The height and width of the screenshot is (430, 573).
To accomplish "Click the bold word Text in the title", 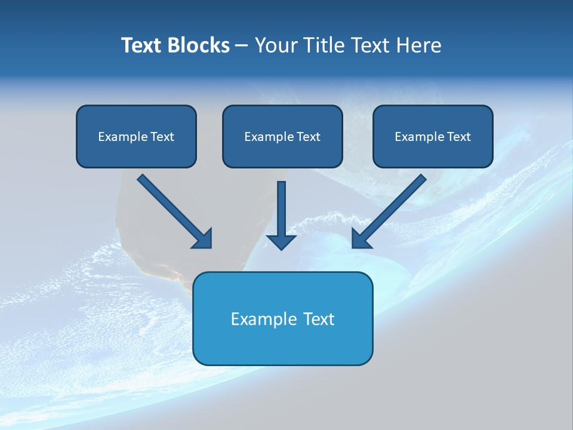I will (x=141, y=45).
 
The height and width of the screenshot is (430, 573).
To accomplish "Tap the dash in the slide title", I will (x=242, y=46).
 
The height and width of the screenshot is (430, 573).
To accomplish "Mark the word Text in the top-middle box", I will (x=309, y=137).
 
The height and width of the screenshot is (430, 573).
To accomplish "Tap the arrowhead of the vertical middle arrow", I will (x=281, y=241).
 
